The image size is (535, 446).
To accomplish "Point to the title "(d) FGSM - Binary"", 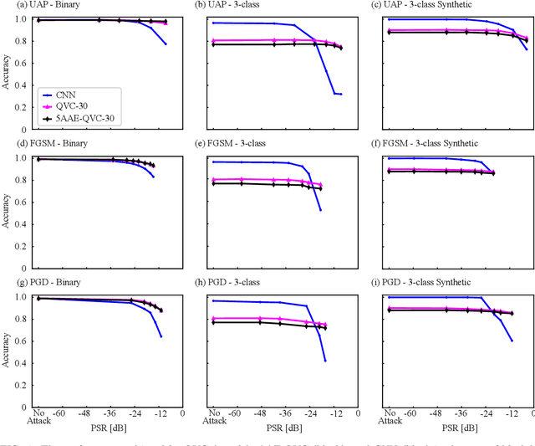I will coord(47,144).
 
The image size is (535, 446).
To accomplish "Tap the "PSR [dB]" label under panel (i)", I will coord(461,427).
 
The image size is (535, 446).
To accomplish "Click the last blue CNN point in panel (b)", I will coord(340,94).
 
